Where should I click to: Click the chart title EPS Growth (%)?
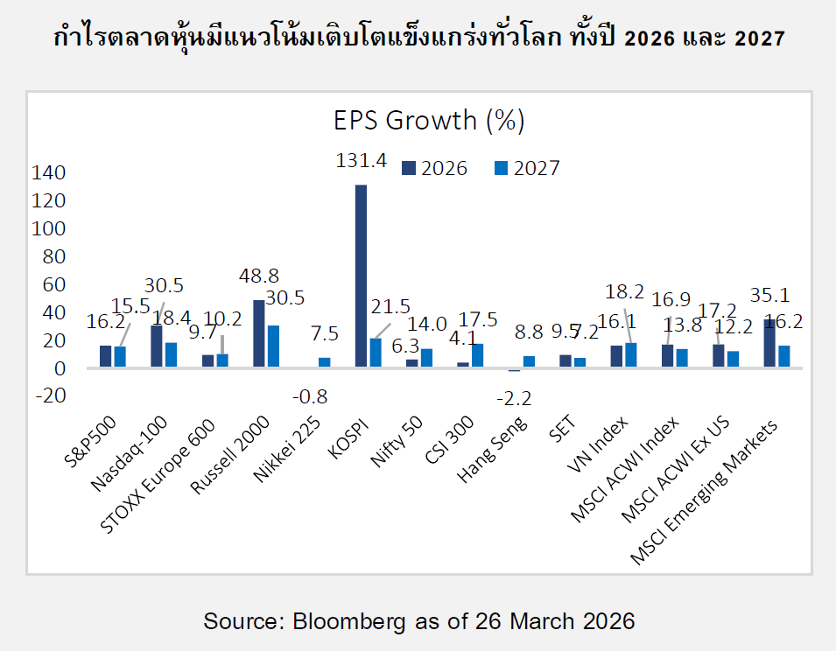(x=429, y=120)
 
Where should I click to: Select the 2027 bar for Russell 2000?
(x=273, y=346)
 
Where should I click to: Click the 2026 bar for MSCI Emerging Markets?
(x=769, y=343)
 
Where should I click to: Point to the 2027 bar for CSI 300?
(x=477, y=355)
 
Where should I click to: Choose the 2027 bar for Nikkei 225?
(x=325, y=362)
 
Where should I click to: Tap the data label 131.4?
(x=361, y=160)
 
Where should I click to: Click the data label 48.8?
(x=258, y=274)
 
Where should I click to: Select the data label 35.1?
(x=772, y=293)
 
